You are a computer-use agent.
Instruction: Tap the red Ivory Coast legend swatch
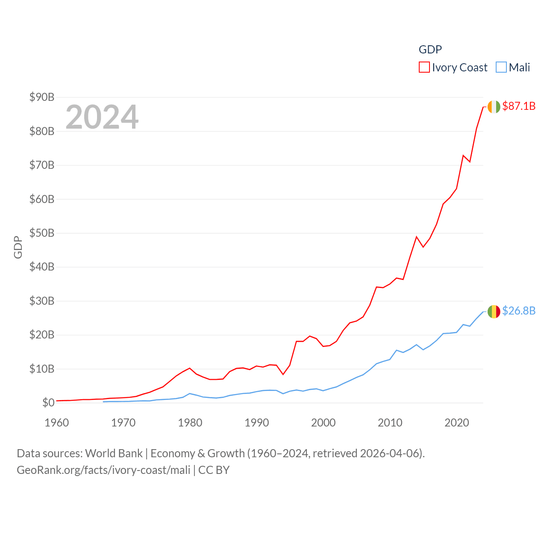coord(424,68)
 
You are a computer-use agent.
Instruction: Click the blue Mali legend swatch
coord(501,68)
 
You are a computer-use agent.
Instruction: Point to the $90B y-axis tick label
coord(42,97)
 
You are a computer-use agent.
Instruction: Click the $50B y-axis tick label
coord(42,233)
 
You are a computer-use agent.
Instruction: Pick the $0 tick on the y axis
coord(48,403)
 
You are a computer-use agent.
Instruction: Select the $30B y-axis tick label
coord(42,301)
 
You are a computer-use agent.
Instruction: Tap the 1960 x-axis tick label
coord(57,423)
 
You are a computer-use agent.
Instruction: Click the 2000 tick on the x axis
coord(323,423)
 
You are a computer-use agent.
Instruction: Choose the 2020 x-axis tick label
coord(457,423)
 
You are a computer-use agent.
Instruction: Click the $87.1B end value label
coord(519,106)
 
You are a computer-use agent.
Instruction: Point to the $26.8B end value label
coord(519,311)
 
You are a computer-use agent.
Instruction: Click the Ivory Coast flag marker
coord(494,107)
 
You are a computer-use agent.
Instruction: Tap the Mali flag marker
coord(494,312)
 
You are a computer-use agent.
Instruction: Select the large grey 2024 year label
coord(102,117)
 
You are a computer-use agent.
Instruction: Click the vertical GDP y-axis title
coord(18,247)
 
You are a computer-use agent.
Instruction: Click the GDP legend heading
coord(430,50)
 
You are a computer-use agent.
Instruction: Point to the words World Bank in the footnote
coord(114,453)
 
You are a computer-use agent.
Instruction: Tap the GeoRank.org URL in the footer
coord(103,470)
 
